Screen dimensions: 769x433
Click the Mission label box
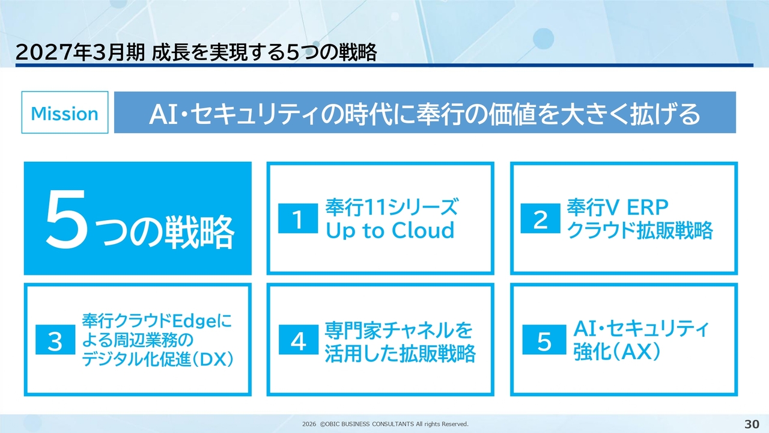pyautogui.click(x=65, y=112)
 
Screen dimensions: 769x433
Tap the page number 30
pyautogui.click(x=752, y=424)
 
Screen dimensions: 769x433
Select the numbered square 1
pyautogui.click(x=298, y=218)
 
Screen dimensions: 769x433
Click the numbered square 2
pyautogui.click(x=540, y=218)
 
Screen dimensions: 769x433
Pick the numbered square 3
pyautogui.click(x=55, y=340)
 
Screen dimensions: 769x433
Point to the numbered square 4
pyautogui.click(x=299, y=340)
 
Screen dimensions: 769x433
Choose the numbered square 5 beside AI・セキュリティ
pyautogui.click(x=544, y=340)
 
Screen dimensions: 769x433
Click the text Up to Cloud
pyautogui.click(x=390, y=230)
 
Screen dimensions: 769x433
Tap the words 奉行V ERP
pyautogui.click(x=618, y=207)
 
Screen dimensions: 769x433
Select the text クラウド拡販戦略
pyautogui.click(x=640, y=230)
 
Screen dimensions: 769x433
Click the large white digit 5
pyautogui.click(x=66, y=218)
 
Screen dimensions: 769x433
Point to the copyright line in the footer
pyautogui.click(x=385, y=424)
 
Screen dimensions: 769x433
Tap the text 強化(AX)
pyautogui.click(x=617, y=352)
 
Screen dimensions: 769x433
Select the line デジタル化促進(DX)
pyautogui.click(x=158, y=360)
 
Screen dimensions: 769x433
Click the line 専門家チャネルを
pyautogui.click(x=398, y=330)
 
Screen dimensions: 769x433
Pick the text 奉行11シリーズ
pyautogui.click(x=392, y=207)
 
